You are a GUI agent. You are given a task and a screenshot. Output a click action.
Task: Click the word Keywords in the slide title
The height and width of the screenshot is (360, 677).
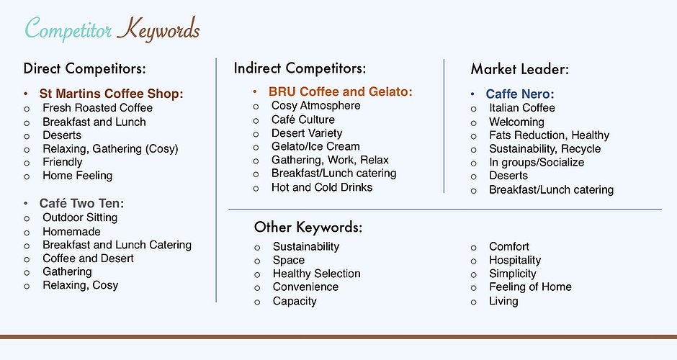(x=158, y=30)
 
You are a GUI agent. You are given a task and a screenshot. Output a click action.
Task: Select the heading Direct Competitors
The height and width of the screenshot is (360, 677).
(x=85, y=68)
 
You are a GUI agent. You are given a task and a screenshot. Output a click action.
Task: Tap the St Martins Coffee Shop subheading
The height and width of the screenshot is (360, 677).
(x=112, y=94)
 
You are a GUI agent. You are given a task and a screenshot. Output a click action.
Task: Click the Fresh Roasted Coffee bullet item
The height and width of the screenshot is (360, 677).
(x=97, y=108)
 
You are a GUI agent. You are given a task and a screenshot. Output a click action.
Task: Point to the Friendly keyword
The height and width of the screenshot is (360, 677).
(x=62, y=162)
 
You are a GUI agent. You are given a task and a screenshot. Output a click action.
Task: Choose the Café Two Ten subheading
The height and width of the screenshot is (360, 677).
(x=81, y=203)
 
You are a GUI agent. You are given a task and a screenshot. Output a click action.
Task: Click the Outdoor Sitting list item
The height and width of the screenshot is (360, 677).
(x=80, y=217)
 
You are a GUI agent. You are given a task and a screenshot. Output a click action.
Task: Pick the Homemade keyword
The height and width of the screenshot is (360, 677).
(x=72, y=232)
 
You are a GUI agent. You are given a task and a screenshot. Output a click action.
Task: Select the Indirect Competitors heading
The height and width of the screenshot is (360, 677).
(x=300, y=68)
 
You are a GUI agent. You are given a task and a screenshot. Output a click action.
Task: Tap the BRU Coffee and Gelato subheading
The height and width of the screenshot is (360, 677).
(x=340, y=91)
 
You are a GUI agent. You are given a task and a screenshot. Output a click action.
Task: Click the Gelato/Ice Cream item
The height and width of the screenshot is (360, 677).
(x=315, y=147)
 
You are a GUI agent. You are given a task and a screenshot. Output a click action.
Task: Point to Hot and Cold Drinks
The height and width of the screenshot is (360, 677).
(x=322, y=187)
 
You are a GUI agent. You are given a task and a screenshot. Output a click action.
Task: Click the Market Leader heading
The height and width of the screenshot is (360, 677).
(x=520, y=69)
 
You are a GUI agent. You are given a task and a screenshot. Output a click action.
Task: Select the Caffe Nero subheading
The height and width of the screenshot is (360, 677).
(x=520, y=94)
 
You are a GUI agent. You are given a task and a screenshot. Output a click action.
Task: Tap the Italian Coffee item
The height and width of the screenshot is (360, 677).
(x=522, y=108)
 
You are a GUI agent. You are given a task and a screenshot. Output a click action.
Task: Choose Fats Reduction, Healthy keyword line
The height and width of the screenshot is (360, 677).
(x=550, y=135)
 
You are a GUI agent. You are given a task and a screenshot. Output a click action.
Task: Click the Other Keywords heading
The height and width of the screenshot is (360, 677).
(x=308, y=227)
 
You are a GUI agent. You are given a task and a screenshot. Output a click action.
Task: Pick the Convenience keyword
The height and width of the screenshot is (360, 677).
(x=305, y=287)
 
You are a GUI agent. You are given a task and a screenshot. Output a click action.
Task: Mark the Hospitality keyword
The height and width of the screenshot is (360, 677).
(x=515, y=261)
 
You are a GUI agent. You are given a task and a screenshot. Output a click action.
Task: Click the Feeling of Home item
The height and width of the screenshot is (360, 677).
(x=530, y=287)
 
